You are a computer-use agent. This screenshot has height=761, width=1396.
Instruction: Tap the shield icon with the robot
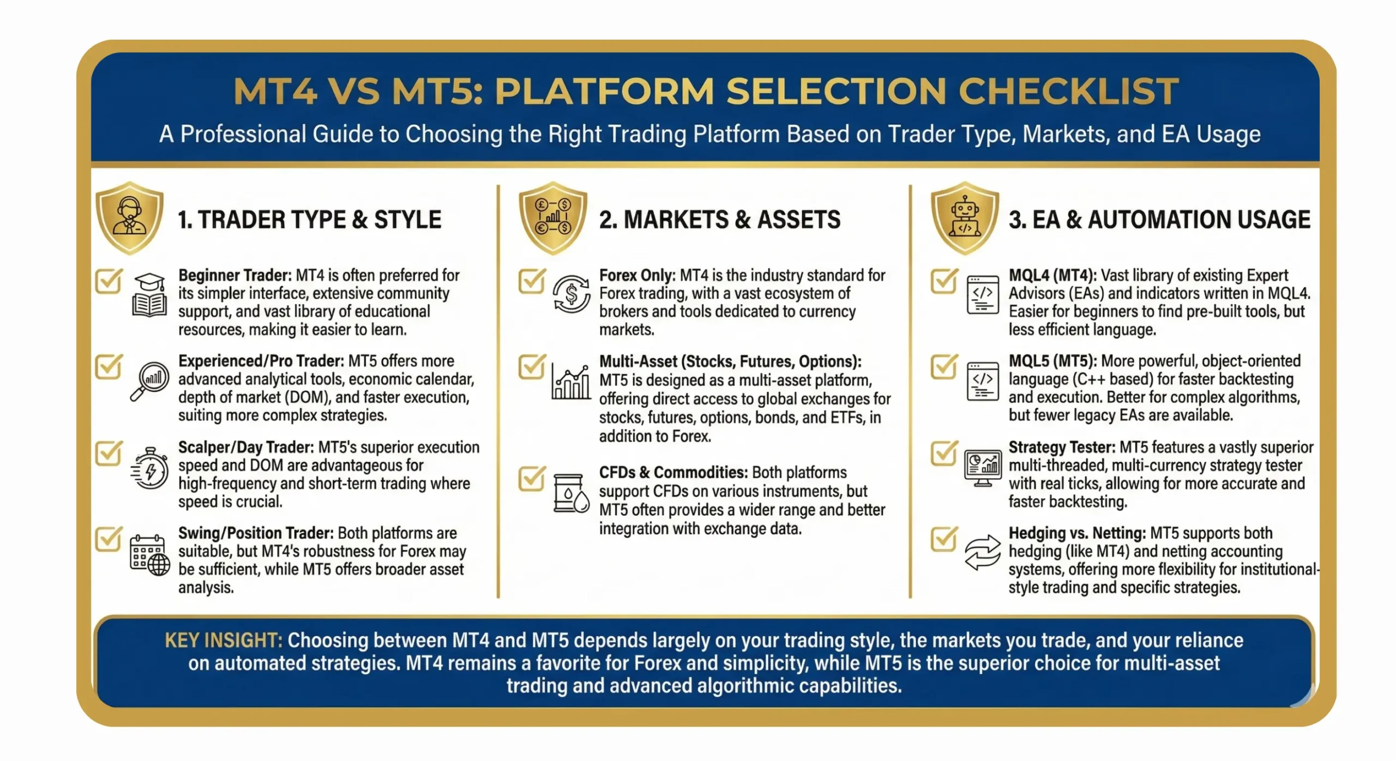965,218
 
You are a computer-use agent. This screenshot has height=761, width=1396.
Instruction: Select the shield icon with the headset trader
129,218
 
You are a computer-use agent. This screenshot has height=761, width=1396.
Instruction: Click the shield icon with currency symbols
552,218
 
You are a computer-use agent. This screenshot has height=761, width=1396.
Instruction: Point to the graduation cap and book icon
149,295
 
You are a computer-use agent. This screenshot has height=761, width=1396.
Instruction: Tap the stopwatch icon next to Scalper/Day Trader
149,468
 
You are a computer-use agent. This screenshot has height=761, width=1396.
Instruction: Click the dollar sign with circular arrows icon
571,294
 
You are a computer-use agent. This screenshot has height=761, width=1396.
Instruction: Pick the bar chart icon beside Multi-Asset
571,382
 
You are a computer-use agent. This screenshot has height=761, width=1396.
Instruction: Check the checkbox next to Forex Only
532,281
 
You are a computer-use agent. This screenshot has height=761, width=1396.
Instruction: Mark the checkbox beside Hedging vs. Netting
944,539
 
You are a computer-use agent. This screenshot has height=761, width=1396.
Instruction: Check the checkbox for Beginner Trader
109,281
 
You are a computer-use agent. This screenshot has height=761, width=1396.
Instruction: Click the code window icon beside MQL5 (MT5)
983,381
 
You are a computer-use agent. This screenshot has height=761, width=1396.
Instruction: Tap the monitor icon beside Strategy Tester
983,468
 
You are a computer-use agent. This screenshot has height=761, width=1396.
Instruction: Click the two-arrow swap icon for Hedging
983,553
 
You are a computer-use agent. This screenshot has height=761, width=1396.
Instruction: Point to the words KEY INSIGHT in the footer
223,641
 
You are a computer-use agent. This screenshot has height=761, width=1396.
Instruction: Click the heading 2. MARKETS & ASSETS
719,220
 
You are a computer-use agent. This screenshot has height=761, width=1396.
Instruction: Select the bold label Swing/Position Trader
256,533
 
